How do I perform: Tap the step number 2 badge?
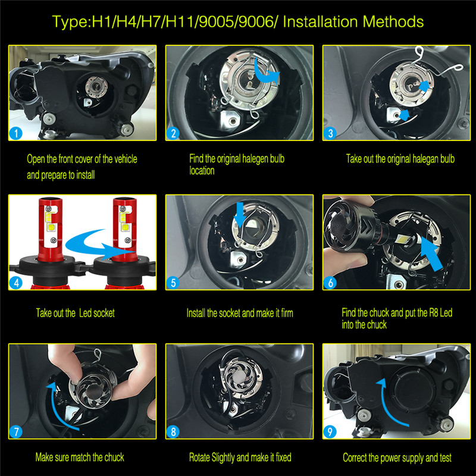173,133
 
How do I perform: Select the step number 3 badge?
330,133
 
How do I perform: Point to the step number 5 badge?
173,283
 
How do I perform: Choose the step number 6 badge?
330,283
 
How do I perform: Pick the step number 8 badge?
173,431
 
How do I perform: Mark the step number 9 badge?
330,431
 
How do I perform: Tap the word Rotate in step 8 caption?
202,458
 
